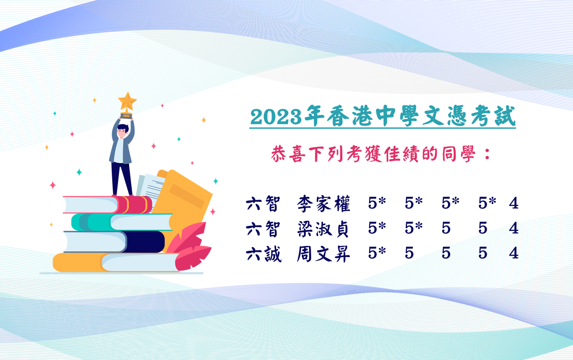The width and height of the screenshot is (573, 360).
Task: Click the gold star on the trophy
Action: pyautogui.click(x=127, y=101)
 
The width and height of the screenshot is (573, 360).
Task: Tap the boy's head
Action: pyautogui.click(x=123, y=131)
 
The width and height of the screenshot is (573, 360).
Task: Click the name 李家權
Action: pyautogui.click(x=324, y=204)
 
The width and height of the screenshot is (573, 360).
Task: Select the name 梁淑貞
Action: pyautogui.click(x=323, y=229)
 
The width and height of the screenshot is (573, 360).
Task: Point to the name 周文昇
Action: pyautogui.click(x=324, y=254)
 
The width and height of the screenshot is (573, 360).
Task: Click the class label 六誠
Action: pyautogui.click(x=264, y=254)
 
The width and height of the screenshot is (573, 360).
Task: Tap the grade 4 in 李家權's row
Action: pyautogui.click(x=514, y=203)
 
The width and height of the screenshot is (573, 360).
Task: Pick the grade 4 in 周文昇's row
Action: pyautogui.click(x=514, y=253)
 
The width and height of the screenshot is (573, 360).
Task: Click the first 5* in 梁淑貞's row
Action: pyautogui.click(x=377, y=228)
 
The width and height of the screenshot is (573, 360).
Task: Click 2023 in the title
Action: pyautogui.click(x=276, y=117)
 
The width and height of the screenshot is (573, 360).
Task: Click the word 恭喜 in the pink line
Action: pyautogui.click(x=289, y=154)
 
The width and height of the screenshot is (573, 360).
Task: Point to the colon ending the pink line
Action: pyautogui.click(x=488, y=154)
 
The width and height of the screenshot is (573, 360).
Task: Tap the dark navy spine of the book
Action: pyautogui.click(x=145, y=241)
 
